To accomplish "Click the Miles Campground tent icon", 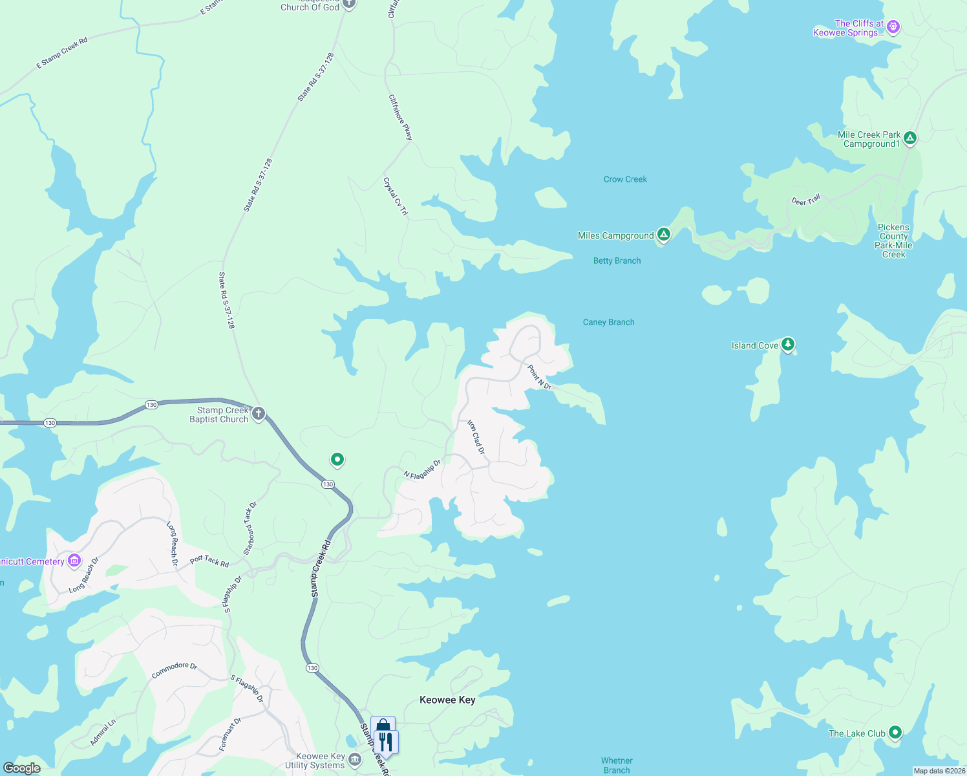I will [663, 234].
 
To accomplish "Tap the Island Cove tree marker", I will [787, 343].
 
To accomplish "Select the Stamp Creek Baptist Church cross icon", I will [259, 413].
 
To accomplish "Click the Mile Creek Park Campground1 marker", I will [909, 138].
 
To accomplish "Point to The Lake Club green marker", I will [895, 732].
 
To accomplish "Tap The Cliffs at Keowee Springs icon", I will [893, 27].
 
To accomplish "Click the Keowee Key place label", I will [447, 700].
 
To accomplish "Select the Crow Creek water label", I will [625, 179].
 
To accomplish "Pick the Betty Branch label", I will [617, 261].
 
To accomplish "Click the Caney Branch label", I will [609, 322].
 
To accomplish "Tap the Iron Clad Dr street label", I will [476, 436].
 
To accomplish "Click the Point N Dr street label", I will [540, 377].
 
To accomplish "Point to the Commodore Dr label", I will [175, 670].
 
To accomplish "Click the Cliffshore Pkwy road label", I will [400, 117].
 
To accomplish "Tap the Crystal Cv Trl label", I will [396, 197].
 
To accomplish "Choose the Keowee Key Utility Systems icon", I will [355, 759].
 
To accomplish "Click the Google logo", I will [22, 768].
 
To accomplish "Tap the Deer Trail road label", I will [806, 200].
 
